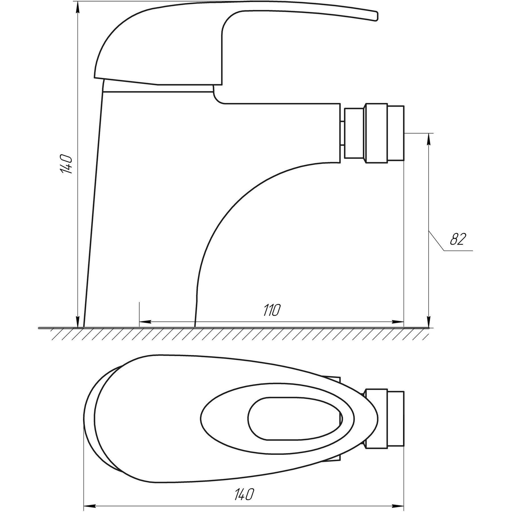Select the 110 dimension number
coord(272,310)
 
